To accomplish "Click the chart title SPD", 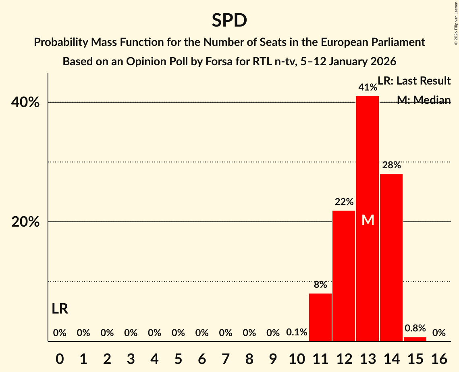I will click(x=229, y=20).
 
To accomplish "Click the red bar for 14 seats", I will click(x=391, y=258).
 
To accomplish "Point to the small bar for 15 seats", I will click(x=415, y=339).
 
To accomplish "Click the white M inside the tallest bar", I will click(x=368, y=220).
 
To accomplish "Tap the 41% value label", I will click(x=368, y=87).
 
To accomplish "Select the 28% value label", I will click(x=391, y=165).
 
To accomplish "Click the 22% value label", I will click(x=344, y=202).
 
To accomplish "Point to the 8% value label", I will click(x=320, y=285).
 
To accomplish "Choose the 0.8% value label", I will click(x=415, y=328).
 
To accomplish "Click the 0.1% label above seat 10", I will click(x=297, y=333).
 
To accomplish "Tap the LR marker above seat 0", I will click(x=60, y=309).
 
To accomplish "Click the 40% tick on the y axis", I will click(x=25, y=102).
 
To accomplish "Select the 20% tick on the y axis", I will click(x=25, y=222).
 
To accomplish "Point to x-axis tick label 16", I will click(x=439, y=358).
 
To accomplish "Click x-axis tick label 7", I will click(x=226, y=358).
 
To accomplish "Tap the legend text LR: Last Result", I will click(x=414, y=81).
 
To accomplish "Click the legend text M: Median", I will click(x=424, y=100).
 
